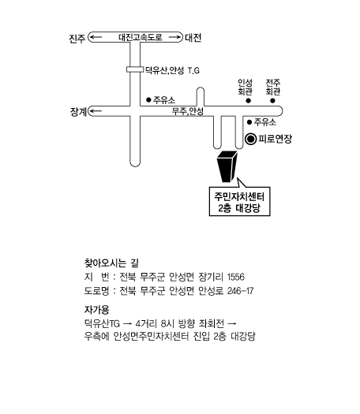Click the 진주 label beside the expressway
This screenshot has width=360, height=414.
[77, 39]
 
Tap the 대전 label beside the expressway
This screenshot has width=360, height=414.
[193, 38]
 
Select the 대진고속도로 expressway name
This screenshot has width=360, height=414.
[141, 37]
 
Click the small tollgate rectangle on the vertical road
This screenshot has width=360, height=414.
[135, 69]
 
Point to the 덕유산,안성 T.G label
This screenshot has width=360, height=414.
[172, 70]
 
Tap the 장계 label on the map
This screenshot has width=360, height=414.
[78, 111]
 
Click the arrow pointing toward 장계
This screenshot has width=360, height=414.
[96, 111]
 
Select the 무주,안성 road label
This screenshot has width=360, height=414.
[188, 111]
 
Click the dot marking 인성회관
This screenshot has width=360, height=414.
[248, 101]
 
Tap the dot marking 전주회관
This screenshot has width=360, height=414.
[272, 101]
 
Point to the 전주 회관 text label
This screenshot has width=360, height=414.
[273, 87]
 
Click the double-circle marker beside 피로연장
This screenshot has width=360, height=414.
[250, 139]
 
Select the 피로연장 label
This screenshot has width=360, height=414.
[276, 139]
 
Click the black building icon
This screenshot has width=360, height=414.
[227, 166]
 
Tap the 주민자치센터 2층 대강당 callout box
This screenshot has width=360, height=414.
[239, 201]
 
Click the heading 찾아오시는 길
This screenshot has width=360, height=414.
[111, 263]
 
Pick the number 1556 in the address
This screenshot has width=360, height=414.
[236, 277]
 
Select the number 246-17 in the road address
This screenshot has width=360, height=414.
[240, 291]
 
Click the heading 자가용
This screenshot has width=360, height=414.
[96, 310]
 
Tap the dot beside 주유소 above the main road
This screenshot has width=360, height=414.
[148, 100]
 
